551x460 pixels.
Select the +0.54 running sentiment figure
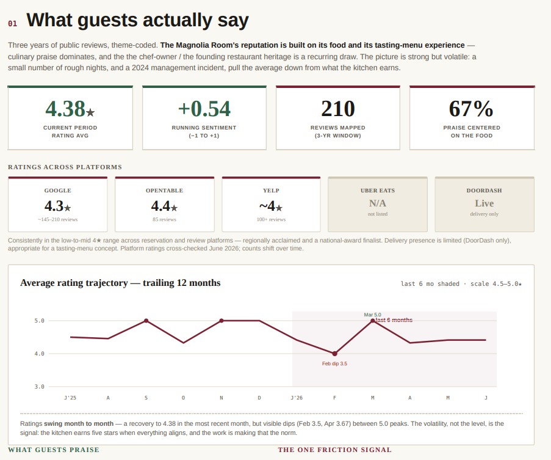click(x=204, y=109)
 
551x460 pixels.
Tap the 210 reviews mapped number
click(x=337, y=109)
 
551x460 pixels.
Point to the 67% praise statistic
click(x=471, y=109)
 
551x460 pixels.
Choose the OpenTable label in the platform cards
click(x=165, y=191)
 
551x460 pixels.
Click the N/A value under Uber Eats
click(x=378, y=203)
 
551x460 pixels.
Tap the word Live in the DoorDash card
click(x=484, y=203)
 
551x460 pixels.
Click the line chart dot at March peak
click(x=373, y=321)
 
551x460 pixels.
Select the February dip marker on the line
click(x=334, y=354)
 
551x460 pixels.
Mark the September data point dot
click(x=146, y=321)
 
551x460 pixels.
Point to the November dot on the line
click(x=221, y=321)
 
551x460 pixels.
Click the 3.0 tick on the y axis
click(x=39, y=387)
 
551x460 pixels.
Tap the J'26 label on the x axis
click(x=297, y=398)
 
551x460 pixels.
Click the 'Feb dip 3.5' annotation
click(x=334, y=363)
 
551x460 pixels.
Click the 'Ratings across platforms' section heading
click(x=65, y=167)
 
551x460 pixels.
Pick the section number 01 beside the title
click(x=12, y=24)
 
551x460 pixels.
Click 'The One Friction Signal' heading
click(x=334, y=450)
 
